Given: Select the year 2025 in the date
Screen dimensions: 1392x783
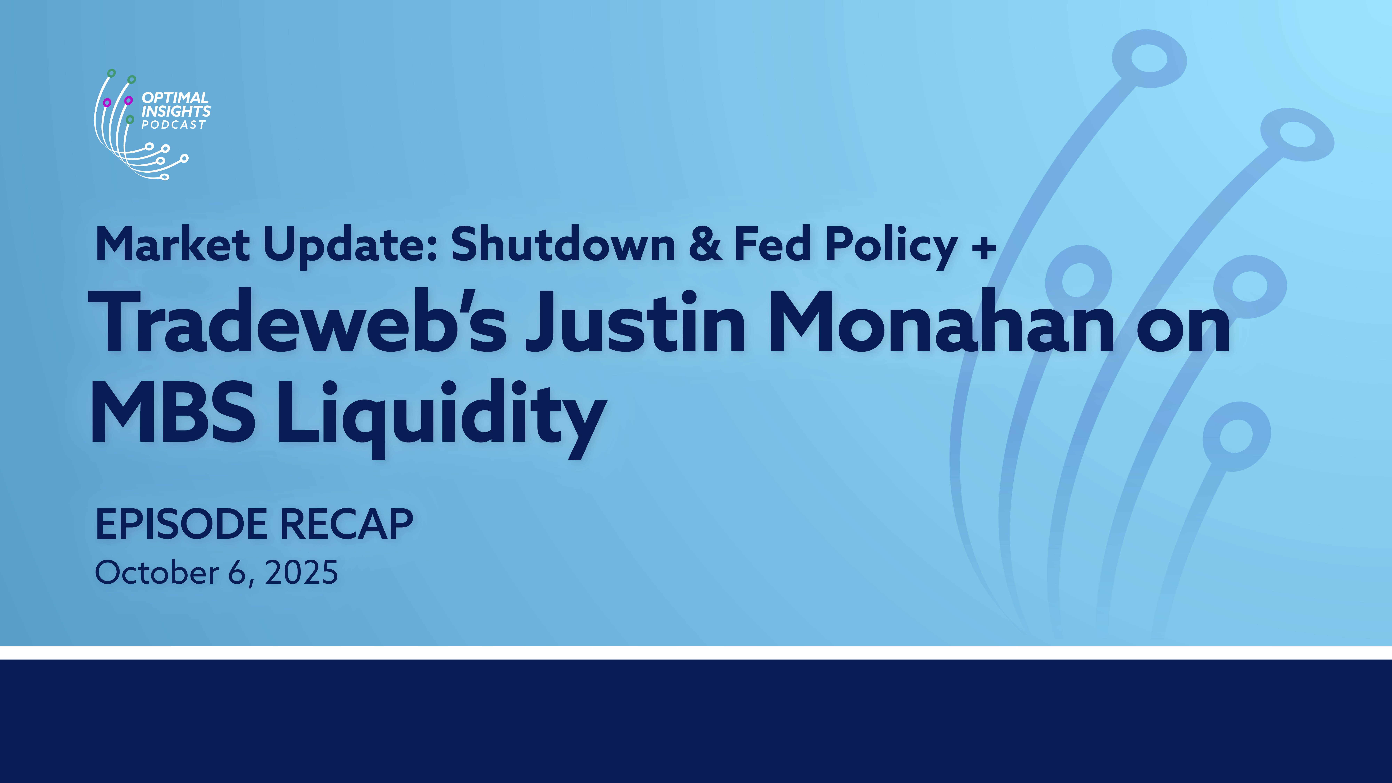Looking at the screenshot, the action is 302,573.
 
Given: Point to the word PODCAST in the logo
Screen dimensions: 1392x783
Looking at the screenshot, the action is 174,125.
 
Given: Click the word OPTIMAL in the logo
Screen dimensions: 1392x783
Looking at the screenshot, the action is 175,98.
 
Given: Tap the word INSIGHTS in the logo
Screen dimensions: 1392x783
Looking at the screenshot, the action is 176,111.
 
